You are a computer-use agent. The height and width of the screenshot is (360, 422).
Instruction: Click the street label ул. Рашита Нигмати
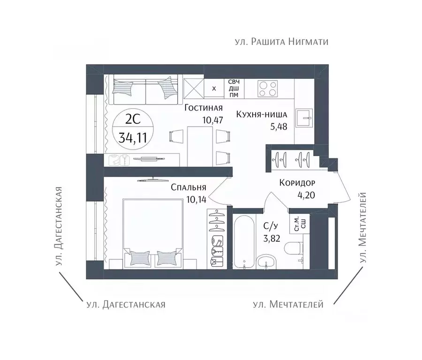(281, 42)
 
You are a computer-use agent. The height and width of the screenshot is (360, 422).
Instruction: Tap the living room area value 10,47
(212, 120)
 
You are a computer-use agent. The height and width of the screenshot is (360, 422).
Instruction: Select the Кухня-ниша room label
(262, 115)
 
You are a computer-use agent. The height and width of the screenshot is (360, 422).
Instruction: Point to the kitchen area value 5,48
(279, 127)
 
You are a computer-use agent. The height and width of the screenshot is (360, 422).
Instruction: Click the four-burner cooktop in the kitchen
(268, 89)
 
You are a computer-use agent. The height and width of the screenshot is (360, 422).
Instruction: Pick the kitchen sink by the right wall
(304, 118)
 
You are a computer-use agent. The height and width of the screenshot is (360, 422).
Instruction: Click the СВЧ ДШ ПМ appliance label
(234, 88)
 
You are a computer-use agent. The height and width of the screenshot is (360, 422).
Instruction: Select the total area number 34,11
(133, 138)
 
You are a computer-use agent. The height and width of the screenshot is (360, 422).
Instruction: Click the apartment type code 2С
(133, 120)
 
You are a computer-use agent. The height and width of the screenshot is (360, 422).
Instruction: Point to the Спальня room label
(188, 187)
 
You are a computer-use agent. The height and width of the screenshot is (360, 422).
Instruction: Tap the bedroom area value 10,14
(196, 199)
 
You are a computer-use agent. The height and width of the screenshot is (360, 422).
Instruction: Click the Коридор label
(297, 183)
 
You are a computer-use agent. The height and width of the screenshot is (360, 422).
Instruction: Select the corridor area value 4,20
(306, 195)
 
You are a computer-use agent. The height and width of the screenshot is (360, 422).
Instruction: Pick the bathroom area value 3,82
(271, 239)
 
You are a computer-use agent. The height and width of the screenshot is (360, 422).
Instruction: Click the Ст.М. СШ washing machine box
(299, 224)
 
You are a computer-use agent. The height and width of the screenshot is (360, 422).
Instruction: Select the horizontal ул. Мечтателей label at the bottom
(288, 304)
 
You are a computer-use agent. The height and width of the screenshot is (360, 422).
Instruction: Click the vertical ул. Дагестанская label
(59, 226)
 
